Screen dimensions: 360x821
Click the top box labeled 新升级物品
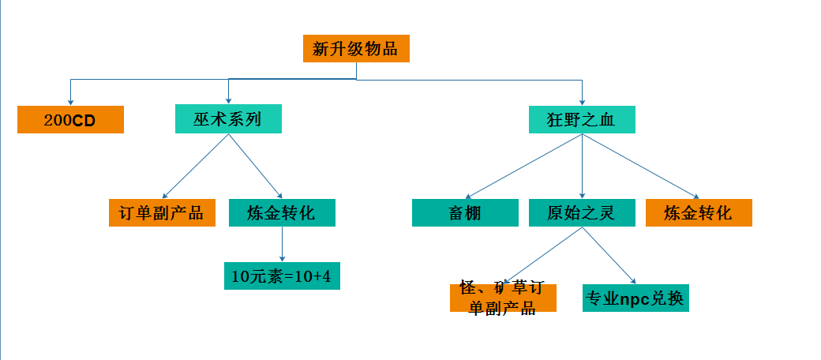(x=356, y=49)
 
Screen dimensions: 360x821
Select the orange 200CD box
(x=71, y=120)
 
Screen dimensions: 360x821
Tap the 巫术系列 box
(x=228, y=120)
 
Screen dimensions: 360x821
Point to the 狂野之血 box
(x=582, y=120)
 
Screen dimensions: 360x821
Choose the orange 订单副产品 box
(x=162, y=213)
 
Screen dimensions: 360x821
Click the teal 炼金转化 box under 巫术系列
(x=282, y=213)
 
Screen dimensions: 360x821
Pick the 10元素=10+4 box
(x=282, y=276)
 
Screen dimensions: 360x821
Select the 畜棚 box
(x=465, y=213)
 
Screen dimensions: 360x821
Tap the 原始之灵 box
(x=582, y=213)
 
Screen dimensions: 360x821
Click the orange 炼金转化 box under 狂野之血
(x=699, y=213)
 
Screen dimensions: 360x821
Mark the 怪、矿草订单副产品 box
(x=503, y=298)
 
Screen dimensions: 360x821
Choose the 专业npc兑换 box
(x=635, y=298)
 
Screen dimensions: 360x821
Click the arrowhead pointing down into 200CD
(x=71, y=102)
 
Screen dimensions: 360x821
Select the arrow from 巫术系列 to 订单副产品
(x=196, y=166)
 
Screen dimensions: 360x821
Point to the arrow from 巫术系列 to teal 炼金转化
(x=255, y=166)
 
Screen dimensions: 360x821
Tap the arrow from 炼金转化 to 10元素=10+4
(x=282, y=245)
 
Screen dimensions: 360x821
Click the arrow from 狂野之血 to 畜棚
(x=523, y=166)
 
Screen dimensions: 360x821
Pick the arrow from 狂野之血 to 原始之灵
(x=582, y=166)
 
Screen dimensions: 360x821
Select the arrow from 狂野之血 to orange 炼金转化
(x=640, y=166)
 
